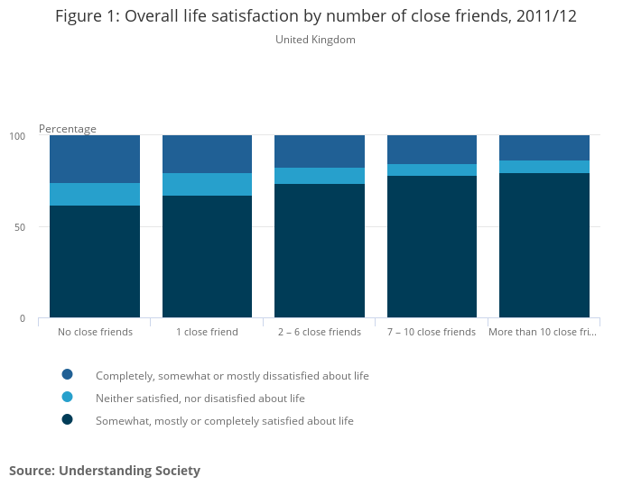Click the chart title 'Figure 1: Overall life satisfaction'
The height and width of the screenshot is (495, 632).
(x=315, y=16)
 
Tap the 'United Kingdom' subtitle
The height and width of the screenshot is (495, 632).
(x=315, y=40)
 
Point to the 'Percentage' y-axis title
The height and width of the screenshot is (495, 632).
(x=67, y=129)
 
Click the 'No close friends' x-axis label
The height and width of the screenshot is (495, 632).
(x=95, y=332)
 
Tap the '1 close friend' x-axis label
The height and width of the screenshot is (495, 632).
(x=207, y=332)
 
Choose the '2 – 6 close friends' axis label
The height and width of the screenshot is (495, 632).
(x=319, y=332)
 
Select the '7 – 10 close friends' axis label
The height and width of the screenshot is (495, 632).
(x=432, y=332)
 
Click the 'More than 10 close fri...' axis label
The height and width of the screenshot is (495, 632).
(x=544, y=332)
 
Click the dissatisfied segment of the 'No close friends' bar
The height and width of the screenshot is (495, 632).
(x=95, y=159)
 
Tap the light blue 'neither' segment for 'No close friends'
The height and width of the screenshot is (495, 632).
(x=95, y=194)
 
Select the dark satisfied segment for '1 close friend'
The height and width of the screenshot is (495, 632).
(x=207, y=257)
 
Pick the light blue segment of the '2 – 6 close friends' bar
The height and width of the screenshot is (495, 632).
(x=319, y=176)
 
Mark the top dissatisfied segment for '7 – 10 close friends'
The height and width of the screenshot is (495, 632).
(x=432, y=150)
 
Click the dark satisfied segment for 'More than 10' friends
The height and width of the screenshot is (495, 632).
(x=544, y=245)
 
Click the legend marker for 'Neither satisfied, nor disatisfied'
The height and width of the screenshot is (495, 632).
(x=67, y=397)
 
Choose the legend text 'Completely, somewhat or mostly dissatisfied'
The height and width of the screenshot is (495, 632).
(x=232, y=376)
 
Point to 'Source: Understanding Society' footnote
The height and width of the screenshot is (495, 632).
(x=105, y=471)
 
